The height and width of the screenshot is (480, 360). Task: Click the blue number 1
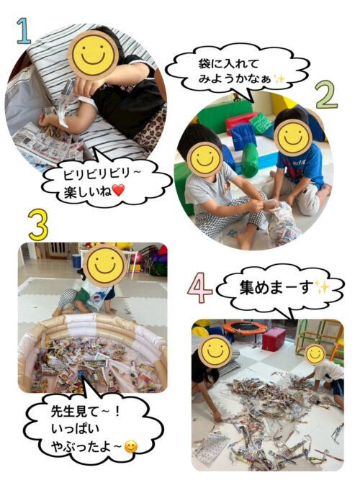coord(24,31)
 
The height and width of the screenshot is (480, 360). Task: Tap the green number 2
coord(327,94)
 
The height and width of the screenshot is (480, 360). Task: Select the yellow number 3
coord(39,225)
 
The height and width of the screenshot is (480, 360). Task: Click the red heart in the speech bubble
coord(118,191)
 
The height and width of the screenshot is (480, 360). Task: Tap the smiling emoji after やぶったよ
coord(131,448)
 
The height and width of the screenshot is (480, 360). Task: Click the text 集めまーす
coord(277,289)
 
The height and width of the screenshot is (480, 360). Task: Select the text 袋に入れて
coord(228,64)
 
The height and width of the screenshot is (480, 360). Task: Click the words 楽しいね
coord(88,191)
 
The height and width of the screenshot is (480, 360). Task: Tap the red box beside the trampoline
coord(274,338)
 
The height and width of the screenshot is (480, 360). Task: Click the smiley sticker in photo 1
coord(93,54)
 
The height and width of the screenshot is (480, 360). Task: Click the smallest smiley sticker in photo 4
coord(315,355)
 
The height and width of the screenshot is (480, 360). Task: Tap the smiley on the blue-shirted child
coord(292,137)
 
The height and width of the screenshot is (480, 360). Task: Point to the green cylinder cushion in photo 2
coord(249,160)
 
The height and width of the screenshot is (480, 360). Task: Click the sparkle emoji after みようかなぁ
coord(279,79)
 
